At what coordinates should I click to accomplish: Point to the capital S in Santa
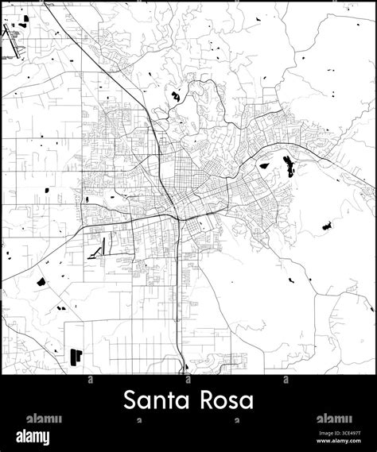[x=130, y=399]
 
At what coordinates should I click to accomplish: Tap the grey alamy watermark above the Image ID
[x=334, y=419]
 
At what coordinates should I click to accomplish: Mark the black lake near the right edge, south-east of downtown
[x=326, y=227]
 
